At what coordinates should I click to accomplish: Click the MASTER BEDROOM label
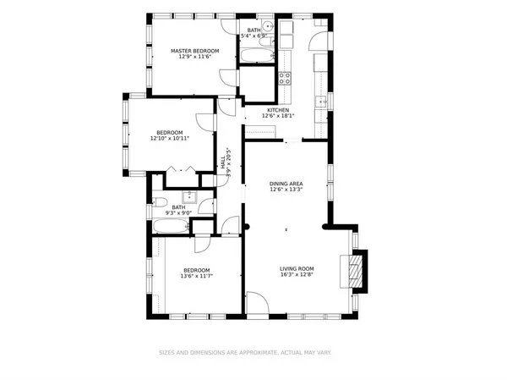pyautogui.click(x=195, y=51)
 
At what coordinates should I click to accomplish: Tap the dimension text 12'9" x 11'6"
pyautogui.click(x=195, y=58)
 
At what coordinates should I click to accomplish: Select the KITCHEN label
pyautogui.click(x=279, y=110)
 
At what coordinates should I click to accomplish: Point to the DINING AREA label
pyautogui.click(x=286, y=183)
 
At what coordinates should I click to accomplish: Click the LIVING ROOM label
pyautogui.click(x=297, y=268)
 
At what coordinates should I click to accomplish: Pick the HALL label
pyautogui.click(x=224, y=161)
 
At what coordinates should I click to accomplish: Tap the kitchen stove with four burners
pyautogui.click(x=286, y=78)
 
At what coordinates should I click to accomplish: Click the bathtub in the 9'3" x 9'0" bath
pyautogui.click(x=173, y=227)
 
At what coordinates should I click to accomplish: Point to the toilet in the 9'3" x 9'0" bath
pyautogui.click(x=159, y=203)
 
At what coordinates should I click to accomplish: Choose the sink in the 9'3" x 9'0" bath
pyautogui.click(x=191, y=197)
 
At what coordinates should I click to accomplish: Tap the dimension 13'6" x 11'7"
pyautogui.click(x=195, y=276)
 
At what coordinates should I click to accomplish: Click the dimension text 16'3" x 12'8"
pyautogui.click(x=297, y=275)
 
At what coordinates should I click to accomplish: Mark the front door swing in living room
pyautogui.click(x=257, y=303)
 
